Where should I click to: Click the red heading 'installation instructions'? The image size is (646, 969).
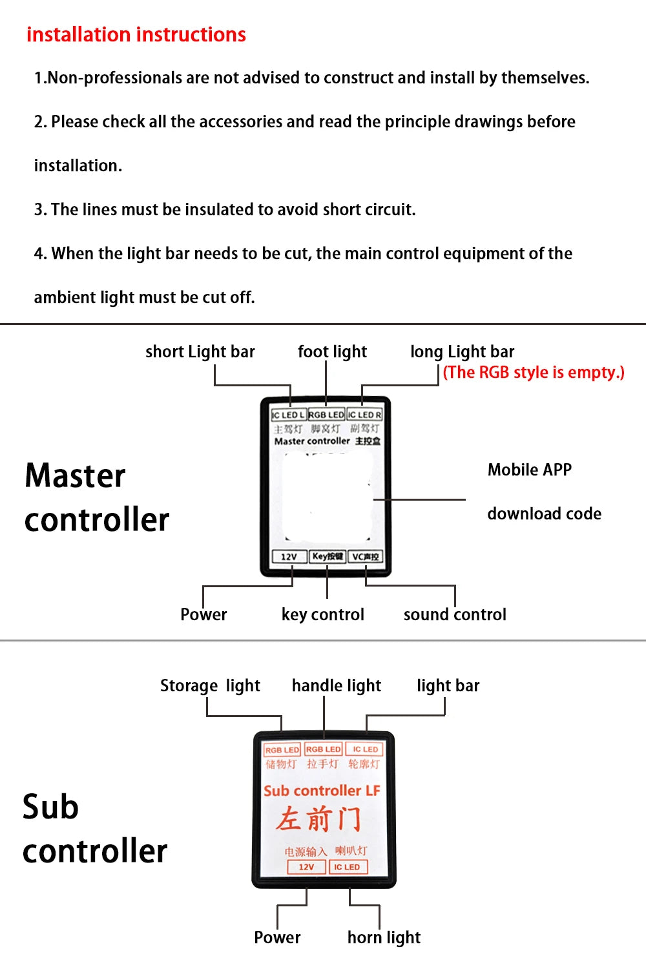[x=136, y=34]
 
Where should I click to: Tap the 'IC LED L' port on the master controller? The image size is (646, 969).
[x=288, y=415]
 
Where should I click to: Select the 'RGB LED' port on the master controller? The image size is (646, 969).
[x=326, y=415]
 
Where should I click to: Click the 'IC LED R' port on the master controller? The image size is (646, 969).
[x=365, y=415]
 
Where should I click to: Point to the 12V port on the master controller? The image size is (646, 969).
[x=289, y=557]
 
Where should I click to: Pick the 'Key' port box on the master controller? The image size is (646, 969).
[x=328, y=556]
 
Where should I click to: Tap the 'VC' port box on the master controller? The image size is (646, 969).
[x=366, y=557]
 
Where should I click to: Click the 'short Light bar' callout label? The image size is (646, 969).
[x=200, y=352]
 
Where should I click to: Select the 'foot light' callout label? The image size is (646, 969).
[x=332, y=352]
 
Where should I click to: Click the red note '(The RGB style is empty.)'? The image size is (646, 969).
[x=534, y=373]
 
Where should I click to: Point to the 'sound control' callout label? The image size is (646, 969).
[x=455, y=614]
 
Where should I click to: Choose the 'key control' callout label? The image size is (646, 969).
[x=323, y=614]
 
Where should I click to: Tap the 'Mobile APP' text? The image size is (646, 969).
[x=530, y=470]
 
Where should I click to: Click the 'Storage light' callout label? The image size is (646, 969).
[x=210, y=685]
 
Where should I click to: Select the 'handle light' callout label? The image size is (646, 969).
[x=337, y=685]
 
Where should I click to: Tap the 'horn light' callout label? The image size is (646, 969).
[x=384, y=937]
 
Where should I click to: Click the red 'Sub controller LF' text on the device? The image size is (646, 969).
[x=322, y=791]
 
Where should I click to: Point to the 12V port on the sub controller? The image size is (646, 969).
[x=306, y=867]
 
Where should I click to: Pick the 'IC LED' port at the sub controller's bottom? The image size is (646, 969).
[x=347, y=867]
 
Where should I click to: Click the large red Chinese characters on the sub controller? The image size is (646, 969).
[x=318, y=819]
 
